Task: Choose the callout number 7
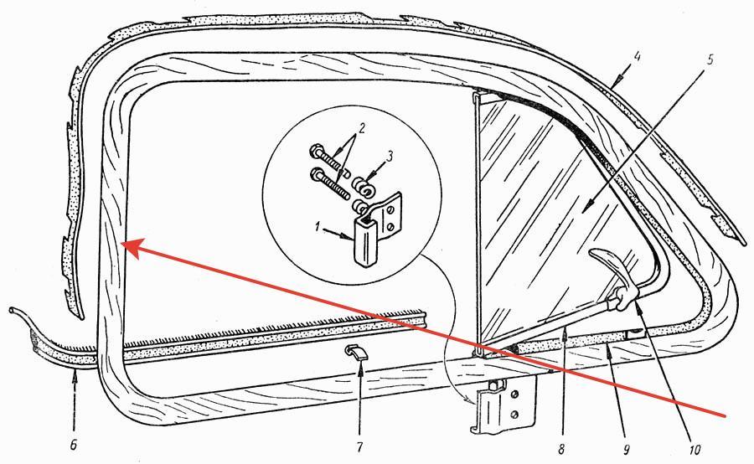[x=359, y=447]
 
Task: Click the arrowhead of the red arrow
[x=125, y=244]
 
